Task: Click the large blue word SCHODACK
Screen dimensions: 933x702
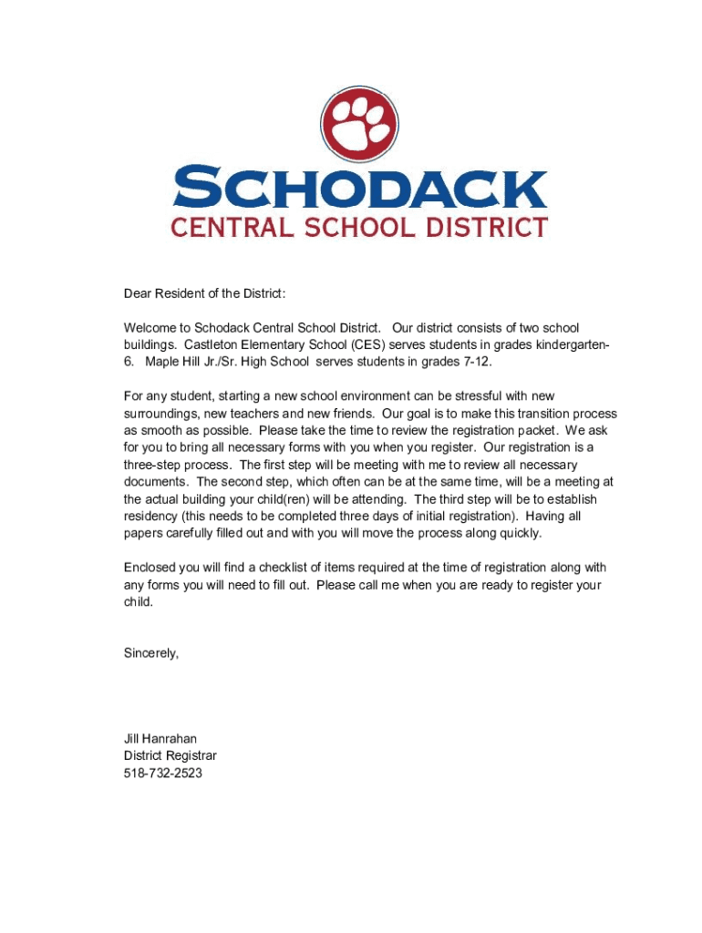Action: pos(359,188)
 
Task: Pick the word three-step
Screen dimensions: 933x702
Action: pos(154,465)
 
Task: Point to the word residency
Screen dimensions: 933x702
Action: pos(151,516)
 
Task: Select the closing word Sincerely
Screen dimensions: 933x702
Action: pos(151,653)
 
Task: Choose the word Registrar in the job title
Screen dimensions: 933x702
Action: pos(191,756)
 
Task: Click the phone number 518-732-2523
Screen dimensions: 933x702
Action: pos(163,774)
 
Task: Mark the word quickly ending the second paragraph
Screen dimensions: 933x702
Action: pos(516,533)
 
